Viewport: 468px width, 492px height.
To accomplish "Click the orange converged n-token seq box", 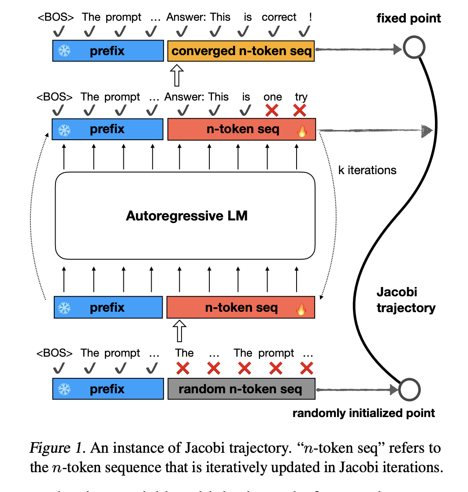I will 241,51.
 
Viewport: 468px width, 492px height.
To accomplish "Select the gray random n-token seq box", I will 241,389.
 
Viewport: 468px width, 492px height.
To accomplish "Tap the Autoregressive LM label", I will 186,216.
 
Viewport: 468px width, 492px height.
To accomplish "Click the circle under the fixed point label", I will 413,47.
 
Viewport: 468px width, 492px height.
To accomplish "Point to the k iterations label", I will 367,170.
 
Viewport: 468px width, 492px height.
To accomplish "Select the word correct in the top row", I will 279,17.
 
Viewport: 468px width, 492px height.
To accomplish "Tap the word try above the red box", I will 301,97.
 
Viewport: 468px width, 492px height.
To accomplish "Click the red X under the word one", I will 272,110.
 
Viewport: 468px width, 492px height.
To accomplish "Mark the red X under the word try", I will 300,110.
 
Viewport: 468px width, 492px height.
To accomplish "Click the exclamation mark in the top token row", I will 311,17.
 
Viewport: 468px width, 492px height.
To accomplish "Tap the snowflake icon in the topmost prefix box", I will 64,51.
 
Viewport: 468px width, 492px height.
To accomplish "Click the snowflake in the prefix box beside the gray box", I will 65,389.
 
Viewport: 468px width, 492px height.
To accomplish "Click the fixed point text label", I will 409,19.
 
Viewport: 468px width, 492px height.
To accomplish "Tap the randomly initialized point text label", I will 364,413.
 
